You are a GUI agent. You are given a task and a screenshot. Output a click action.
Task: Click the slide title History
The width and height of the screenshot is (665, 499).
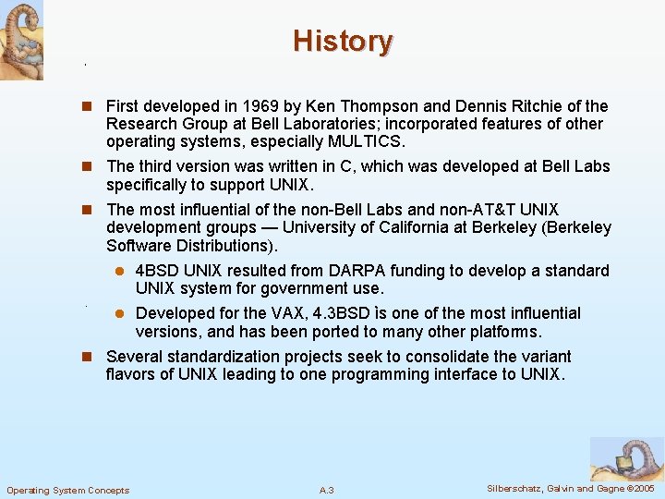coord(343,42)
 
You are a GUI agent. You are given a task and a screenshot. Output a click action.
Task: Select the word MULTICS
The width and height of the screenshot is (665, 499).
coord(365,141)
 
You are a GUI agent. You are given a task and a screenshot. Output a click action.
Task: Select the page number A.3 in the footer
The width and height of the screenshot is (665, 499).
coord(326,489)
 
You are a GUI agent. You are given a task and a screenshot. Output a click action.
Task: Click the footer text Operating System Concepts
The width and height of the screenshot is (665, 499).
coord(68,489)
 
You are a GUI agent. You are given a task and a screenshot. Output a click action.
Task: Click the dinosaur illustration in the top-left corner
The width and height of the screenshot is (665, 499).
coord(21,39)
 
